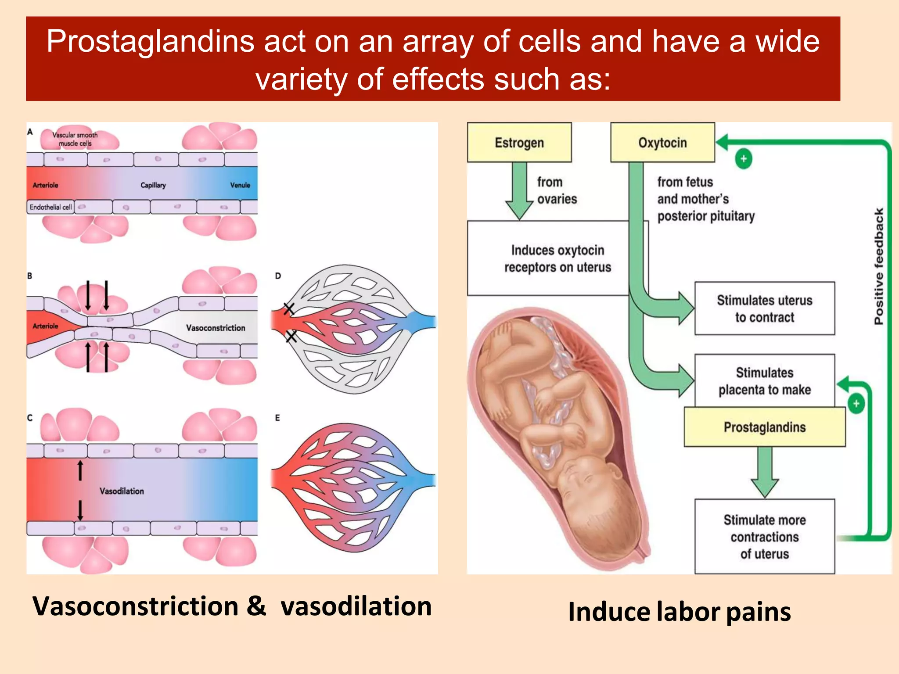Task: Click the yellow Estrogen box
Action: coord(519,142)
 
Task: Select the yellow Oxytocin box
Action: coord(663,142)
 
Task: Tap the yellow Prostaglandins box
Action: coord(765,427)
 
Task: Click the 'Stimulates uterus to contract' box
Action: coord(765,308)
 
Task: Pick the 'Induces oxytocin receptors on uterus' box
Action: coord(557,258)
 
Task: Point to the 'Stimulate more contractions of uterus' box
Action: coord(765,536)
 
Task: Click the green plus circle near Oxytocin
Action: coord(744,158)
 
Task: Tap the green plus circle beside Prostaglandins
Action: coord(856,404)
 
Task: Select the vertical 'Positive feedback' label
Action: coord(878,266)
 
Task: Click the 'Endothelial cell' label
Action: coord(50,207)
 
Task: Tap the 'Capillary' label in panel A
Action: coord(153,185)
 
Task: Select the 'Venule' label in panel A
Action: coord(240,185)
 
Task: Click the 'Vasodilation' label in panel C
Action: coord(122,491)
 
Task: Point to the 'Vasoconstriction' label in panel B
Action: coord(216,328)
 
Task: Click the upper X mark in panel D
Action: coord(288,309)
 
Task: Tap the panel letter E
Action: coord(277,418)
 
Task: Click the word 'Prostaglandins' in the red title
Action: coord(151,41)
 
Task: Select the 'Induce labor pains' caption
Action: coord(680,612)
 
